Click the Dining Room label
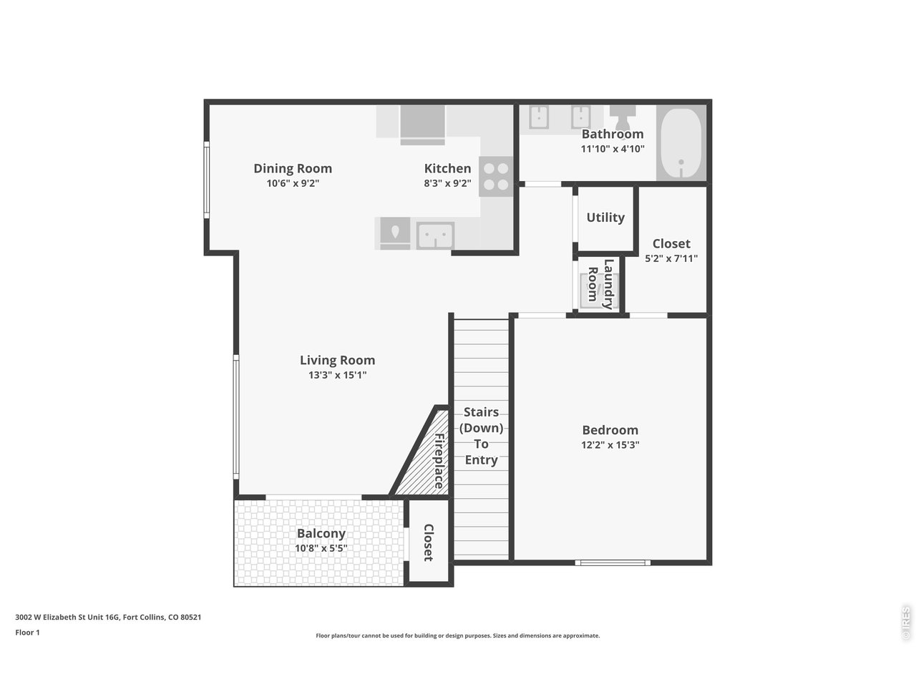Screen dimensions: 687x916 pos(293,169)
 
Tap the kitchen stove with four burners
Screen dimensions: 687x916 pos(496,177)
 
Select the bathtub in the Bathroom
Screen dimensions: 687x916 pos(680,144)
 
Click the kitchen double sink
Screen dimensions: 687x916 pos(435,235)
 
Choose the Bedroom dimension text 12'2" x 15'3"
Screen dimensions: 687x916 pos(610,444)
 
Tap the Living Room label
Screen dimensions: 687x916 pos(337,361)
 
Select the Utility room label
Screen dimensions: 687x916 pos(605,218)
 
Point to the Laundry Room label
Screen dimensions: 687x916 pos(600,284)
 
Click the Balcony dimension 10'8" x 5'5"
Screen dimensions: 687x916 pos(321,549)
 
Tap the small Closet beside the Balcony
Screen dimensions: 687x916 pos(428,542)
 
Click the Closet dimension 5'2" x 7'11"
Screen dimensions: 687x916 pos(671,258)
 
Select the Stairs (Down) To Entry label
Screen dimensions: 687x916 pos(481,436)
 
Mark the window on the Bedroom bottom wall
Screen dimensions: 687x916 pos(613,562)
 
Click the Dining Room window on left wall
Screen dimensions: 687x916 pos(207,180)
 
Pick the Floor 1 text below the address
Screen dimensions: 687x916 pos(28,633)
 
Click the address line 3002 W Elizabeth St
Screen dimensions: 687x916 pos(108,617)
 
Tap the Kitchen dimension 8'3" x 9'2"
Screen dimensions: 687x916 pos(447,183)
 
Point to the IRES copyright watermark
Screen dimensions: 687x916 pos(906,623)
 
